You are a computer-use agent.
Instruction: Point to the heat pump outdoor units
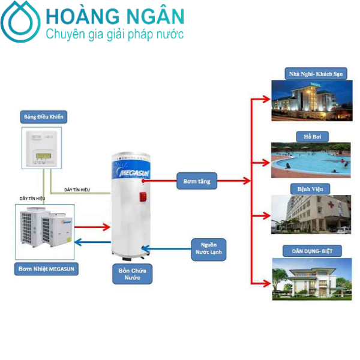click(x=45, y=230)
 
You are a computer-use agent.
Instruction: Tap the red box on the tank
click(x=143, y=196)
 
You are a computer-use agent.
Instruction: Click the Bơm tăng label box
click(x=197, y=180)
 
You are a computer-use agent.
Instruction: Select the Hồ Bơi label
click(x=310, y=136)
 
